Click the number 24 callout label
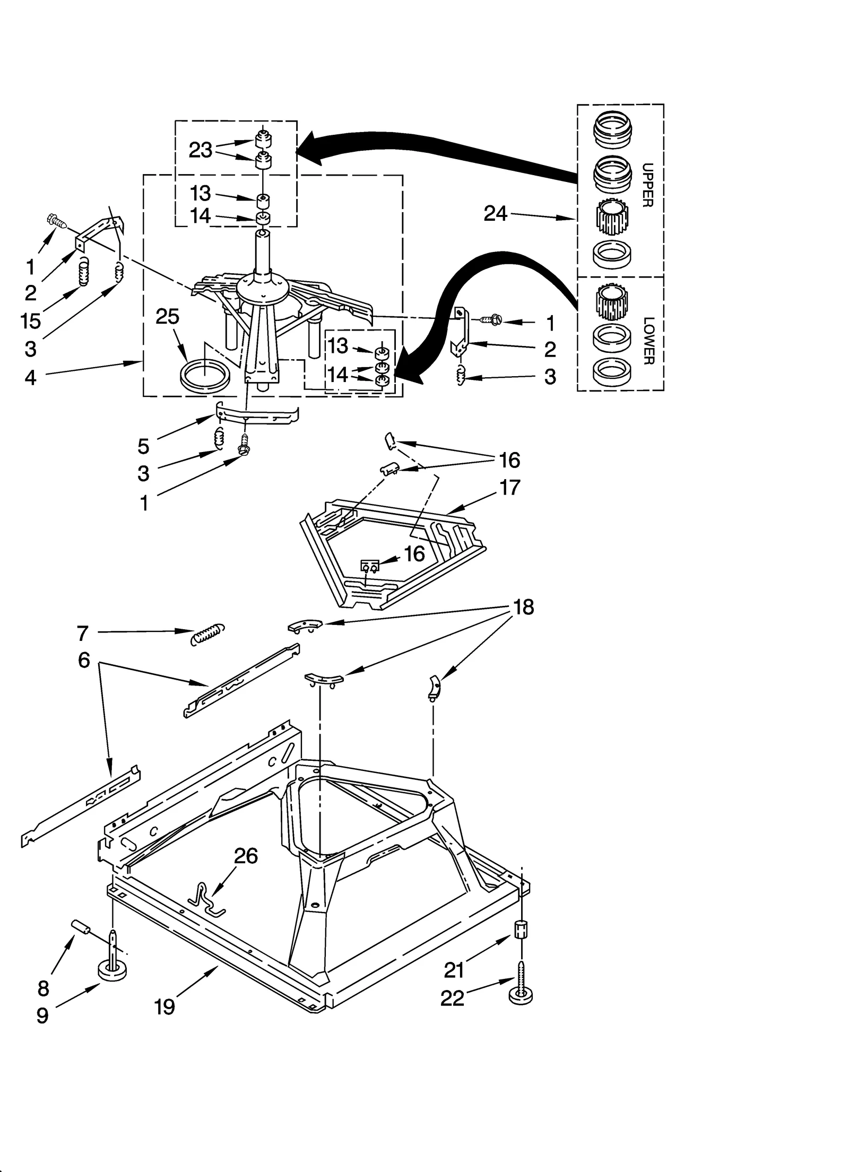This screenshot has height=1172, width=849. (495, 214)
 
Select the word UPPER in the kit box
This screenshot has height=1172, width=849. (647, 185)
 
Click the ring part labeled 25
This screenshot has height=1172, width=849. (205, 376)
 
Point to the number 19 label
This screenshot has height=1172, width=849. (164, 1006)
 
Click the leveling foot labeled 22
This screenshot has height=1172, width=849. (521, 986)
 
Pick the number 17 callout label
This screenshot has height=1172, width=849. (509, 487)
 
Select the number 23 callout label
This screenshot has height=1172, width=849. (201, 151)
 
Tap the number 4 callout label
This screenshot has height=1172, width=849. (30, 377)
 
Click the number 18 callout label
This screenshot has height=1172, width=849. (523, 607)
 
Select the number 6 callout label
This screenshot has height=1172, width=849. (84, 661)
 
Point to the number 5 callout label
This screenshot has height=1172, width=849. (143, 446)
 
